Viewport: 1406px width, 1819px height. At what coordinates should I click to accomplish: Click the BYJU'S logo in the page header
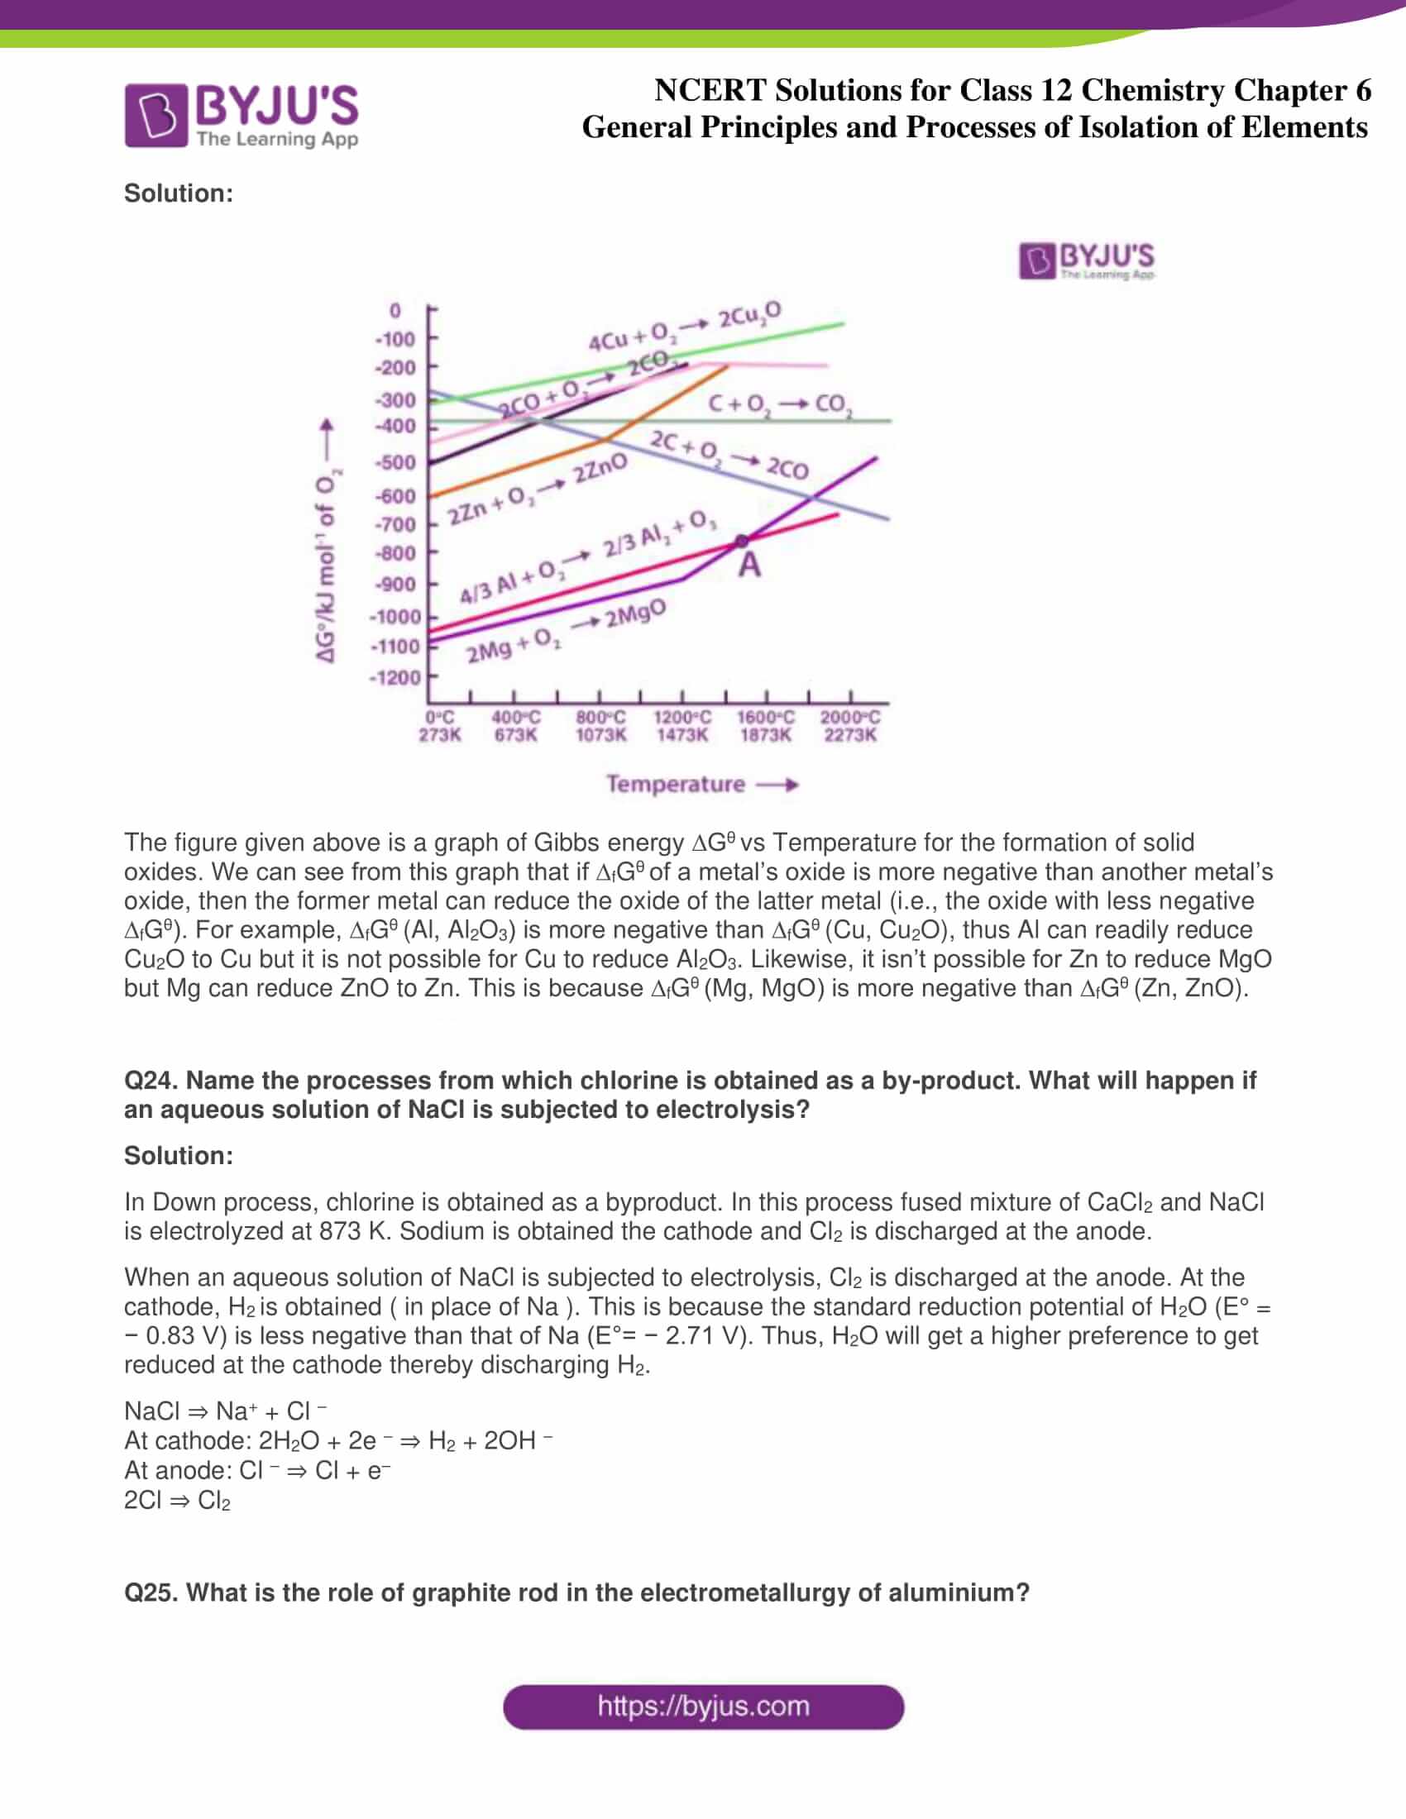pyautogui.click(x=241, y=116)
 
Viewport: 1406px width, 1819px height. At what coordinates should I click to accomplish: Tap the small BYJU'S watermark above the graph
pyautogui.click(x=1086, y=260)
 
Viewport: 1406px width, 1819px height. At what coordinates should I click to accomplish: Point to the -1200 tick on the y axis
pyautogui.click(x=395, y=677)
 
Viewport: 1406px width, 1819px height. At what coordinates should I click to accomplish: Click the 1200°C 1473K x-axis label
pyautogui.click(x=682, y=725)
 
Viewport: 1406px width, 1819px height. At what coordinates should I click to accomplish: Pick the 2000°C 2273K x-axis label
pyautogui.click(x=849, y=725)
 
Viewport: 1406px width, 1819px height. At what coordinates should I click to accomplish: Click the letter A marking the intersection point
pyautogui.click(x=749, y=566)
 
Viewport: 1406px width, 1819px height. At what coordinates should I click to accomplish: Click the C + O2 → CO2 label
pyautogui.click(x=780, y=406)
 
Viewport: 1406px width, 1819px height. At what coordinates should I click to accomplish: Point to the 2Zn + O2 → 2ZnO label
pyautogui.click(x=538, y=491)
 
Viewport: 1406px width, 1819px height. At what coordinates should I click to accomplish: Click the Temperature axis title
pyautogui.click(x=676, y=784)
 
